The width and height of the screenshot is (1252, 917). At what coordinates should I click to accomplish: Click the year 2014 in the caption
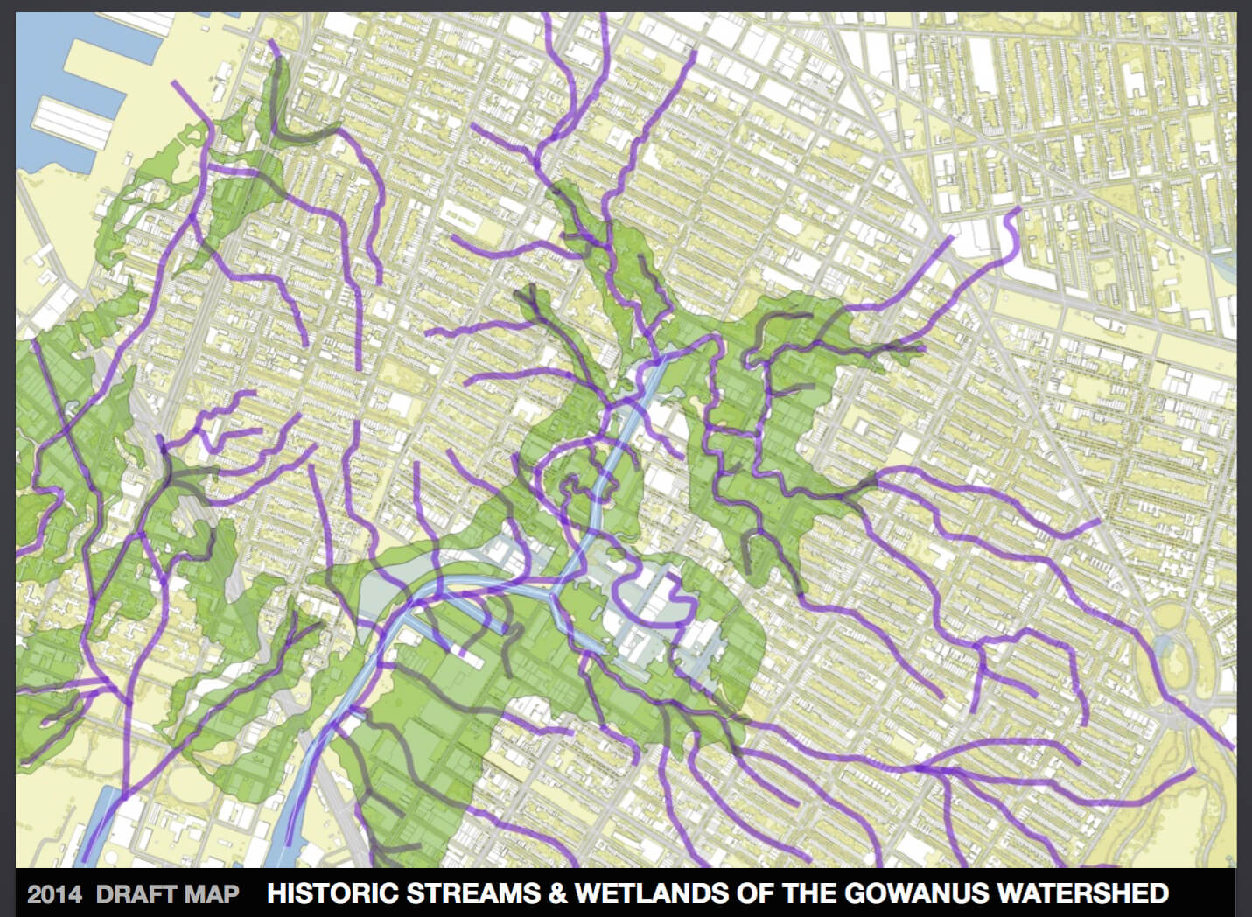54,894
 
